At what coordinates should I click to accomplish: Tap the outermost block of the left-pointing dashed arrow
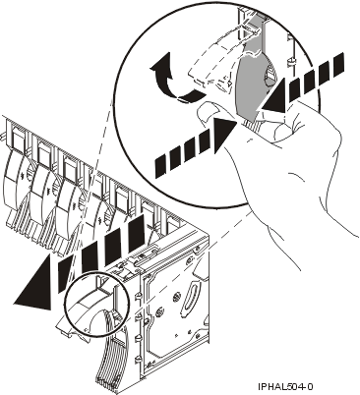[335, 65]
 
